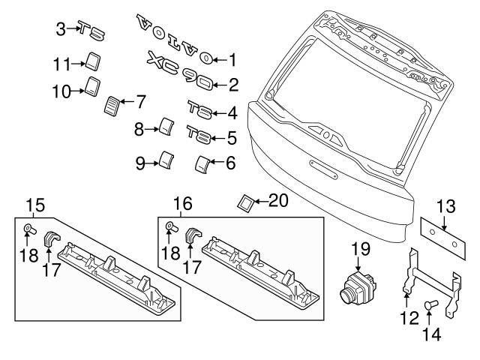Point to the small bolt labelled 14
click(x=431, y=305)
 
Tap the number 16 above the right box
click(x=183, y=204)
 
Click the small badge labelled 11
click(x=93, y=59)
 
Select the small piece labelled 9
click(x=167, y=160)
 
